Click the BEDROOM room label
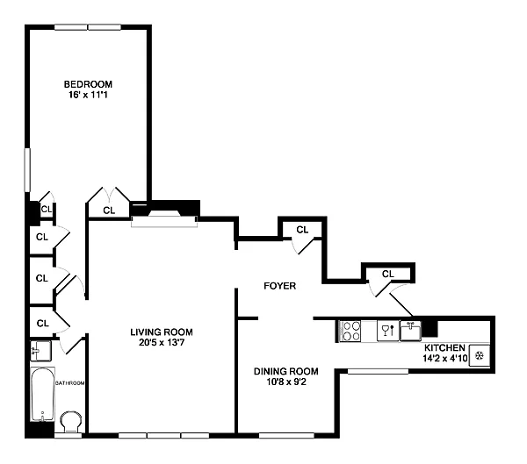(88, 84)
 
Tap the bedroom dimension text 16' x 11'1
(88, 95)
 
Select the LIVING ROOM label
(162, 332)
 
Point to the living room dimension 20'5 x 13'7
(162, 342)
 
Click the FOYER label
(280, 286)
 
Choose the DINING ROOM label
(286, 371)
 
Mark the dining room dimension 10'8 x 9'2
(286, 382)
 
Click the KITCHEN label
(444, 348)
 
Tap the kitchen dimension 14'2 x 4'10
(445, 358)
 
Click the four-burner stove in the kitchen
(350, 331)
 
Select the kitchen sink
(410, 331)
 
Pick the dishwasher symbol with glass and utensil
(388, 331)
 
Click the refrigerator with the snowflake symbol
(480, 355)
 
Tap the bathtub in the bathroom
(43, 394)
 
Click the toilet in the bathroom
(71, 422)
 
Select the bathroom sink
(40, 351)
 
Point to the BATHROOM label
(70, 383)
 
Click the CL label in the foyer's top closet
(302, 230)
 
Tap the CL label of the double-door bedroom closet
(109, 211)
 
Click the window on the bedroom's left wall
(27, 170)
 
